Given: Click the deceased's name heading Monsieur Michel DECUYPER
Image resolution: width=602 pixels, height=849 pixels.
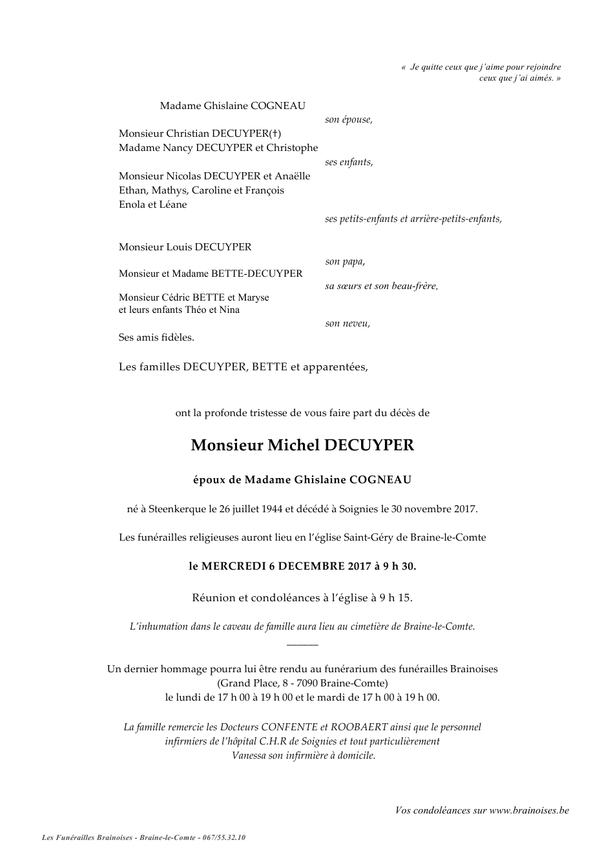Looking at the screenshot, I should point(302,445).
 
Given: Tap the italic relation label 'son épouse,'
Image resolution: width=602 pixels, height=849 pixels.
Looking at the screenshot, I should point(348,120).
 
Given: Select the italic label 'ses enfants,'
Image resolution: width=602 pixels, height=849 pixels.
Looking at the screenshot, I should point(349,163).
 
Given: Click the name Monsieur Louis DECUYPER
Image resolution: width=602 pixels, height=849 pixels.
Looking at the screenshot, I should point(185,247).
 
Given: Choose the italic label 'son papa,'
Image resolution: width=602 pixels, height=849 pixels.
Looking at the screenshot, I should point(345,262).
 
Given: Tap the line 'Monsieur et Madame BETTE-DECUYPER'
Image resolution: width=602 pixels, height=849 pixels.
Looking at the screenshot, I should point(211,274).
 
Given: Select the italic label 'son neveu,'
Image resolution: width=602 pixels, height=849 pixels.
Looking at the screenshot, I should point(348,324).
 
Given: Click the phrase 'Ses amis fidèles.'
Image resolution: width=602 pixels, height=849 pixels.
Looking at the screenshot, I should point(156,337).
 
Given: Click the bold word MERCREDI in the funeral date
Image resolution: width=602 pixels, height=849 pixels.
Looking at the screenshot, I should point(234,566).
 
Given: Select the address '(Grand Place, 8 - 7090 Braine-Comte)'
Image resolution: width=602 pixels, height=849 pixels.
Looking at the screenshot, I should point(302,683).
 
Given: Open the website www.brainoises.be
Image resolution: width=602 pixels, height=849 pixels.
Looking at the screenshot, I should point(529,811).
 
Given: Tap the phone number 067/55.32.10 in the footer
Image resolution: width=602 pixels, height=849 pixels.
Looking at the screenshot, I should point(223,838).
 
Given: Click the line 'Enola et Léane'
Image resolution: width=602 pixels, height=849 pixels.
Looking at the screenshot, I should point(152,205).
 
